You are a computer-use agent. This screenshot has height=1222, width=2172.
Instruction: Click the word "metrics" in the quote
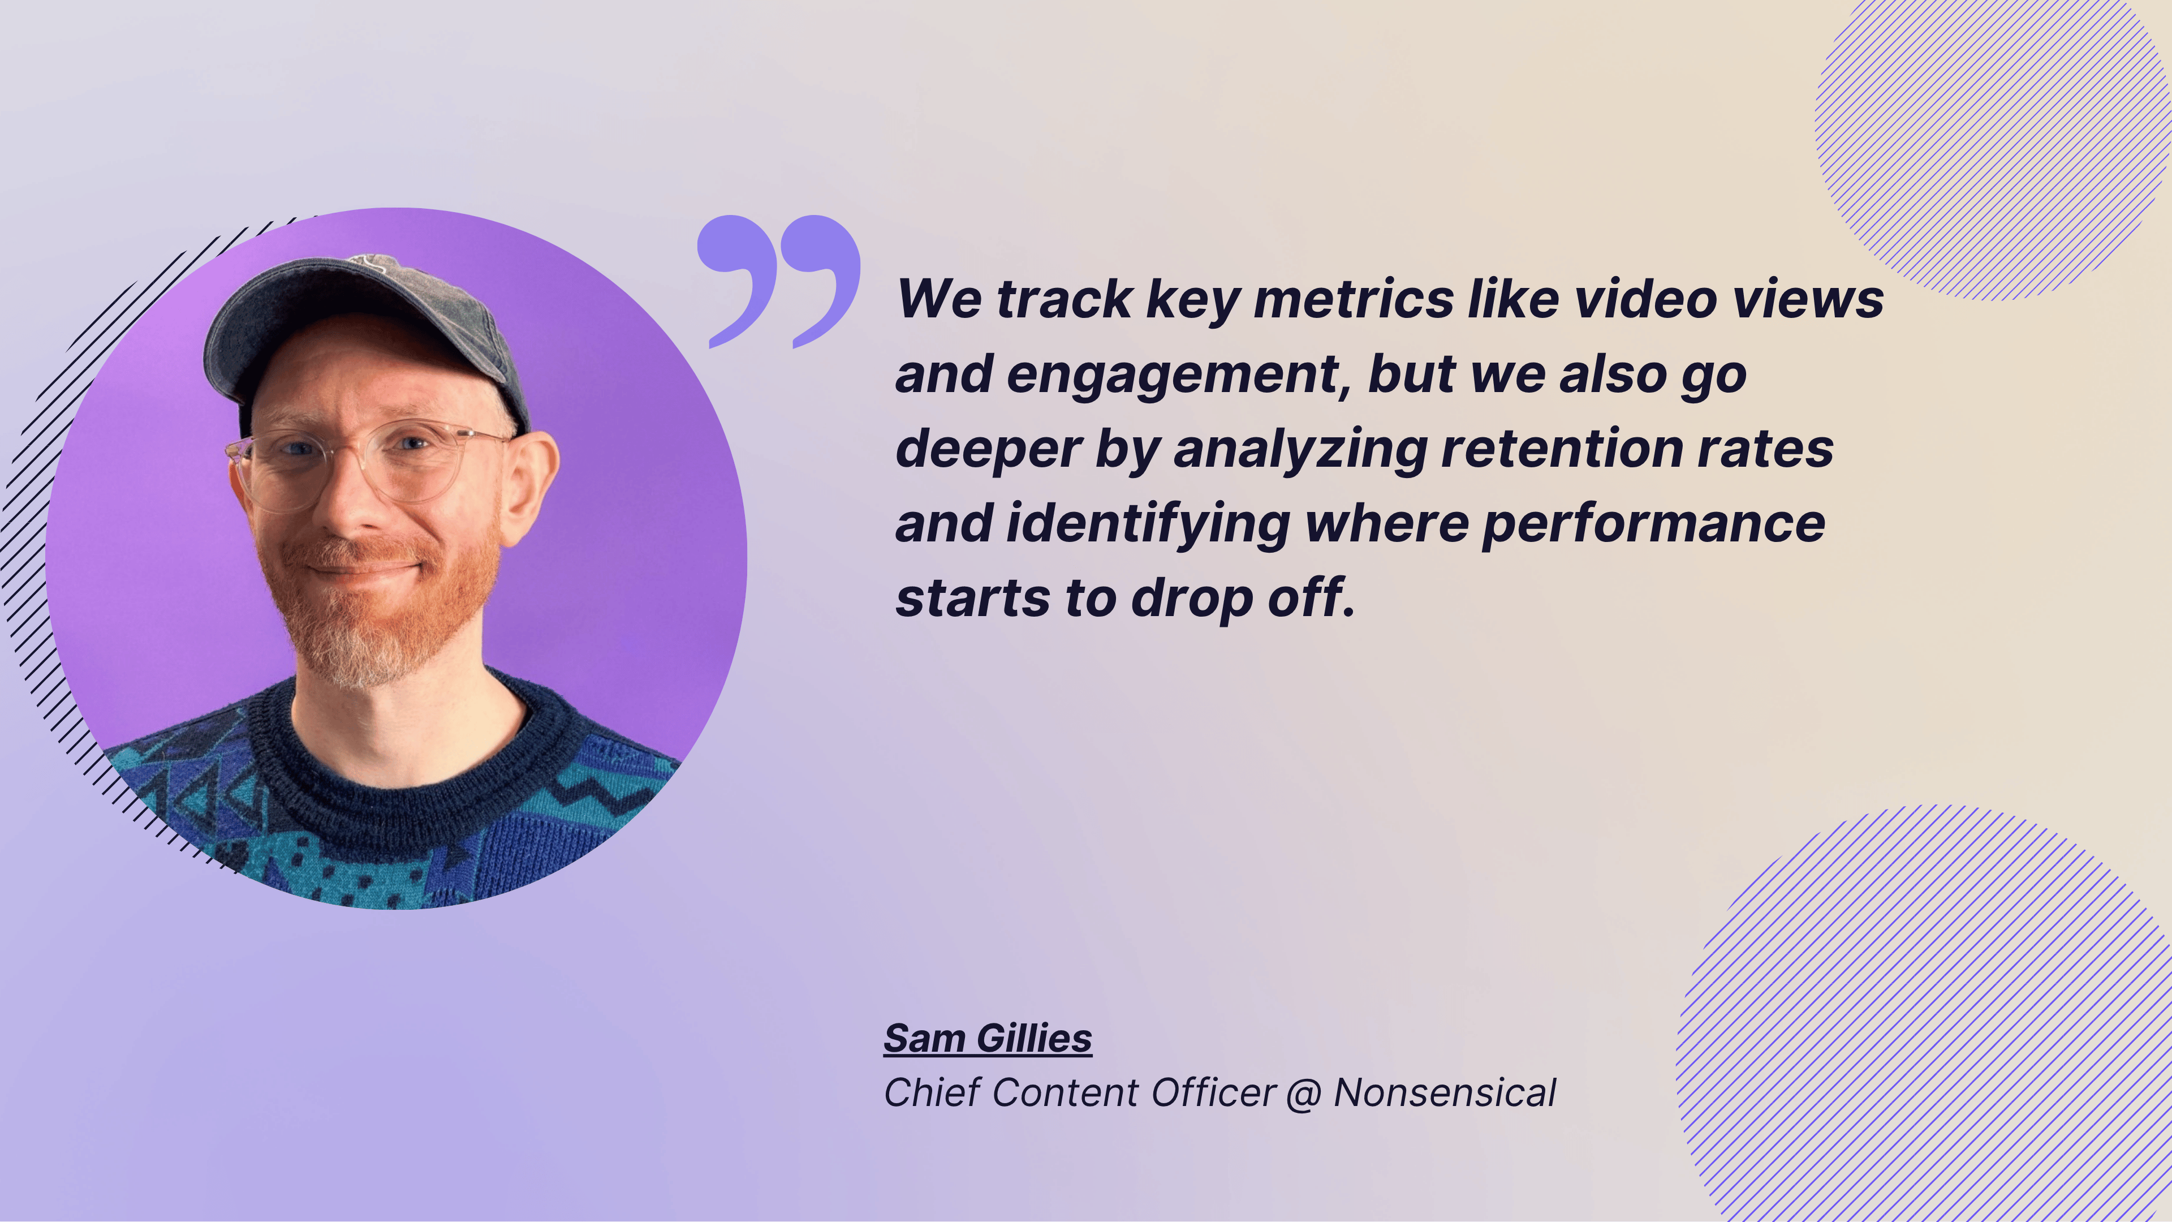tap(1354, 299)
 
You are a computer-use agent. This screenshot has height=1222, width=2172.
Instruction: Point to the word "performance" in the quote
tap(1653, 524)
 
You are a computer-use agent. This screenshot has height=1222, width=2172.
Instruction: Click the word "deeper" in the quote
tap(988, 450)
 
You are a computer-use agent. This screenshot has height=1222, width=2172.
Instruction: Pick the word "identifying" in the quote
tap(1148, 524)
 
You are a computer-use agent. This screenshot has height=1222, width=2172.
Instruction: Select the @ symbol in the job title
tap(1304, 1093)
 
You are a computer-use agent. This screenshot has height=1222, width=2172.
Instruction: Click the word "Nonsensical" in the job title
tap(1445, 1093)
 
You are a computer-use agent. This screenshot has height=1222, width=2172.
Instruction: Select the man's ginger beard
tap(380, 607)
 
